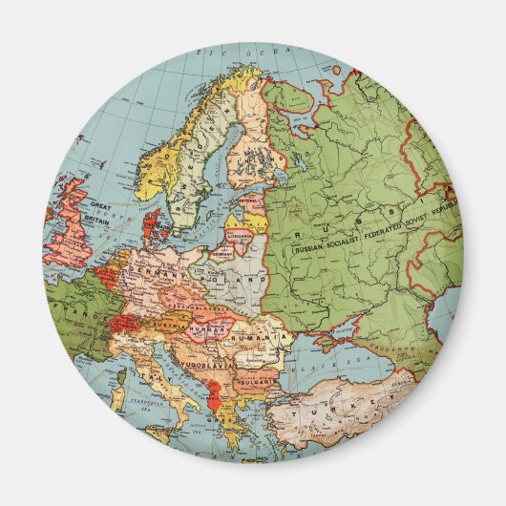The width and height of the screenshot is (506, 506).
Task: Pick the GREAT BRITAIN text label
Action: pyautogui.click(x=100, y=209)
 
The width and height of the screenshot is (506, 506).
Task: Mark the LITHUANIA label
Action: pyautogui.click(x=240, y=233)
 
